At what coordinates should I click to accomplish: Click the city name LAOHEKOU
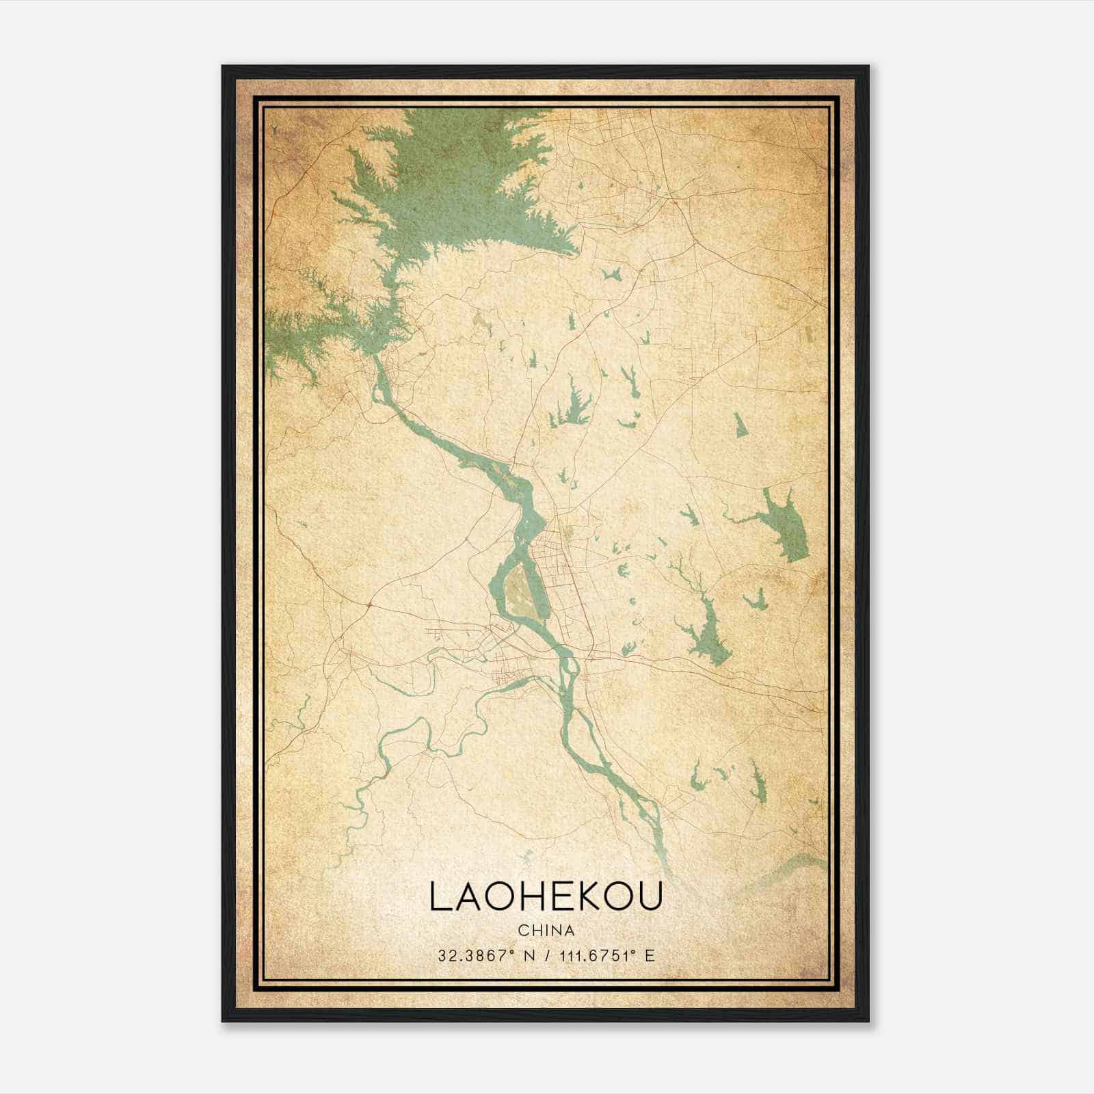546,896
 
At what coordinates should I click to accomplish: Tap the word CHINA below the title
546,931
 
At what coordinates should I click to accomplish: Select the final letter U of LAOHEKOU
652,896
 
